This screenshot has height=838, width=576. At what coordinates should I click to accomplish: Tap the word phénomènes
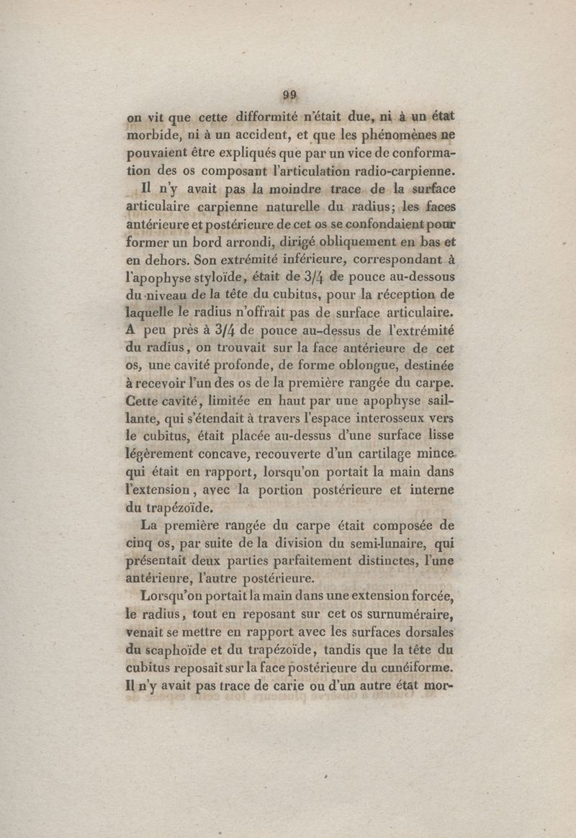point(398,135)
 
